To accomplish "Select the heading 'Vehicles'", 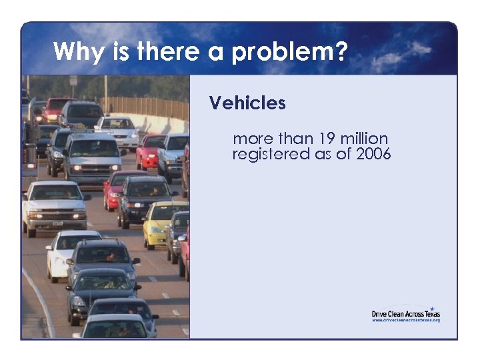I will click(x=247, y=103).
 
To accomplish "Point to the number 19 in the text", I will click(x=326, y=139).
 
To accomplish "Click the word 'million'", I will click(x=363, y=139).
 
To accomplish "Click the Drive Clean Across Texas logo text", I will click(x=405, y=313).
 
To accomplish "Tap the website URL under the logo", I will click(x=405, y=320).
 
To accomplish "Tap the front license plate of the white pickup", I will click(x=55, y=223).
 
